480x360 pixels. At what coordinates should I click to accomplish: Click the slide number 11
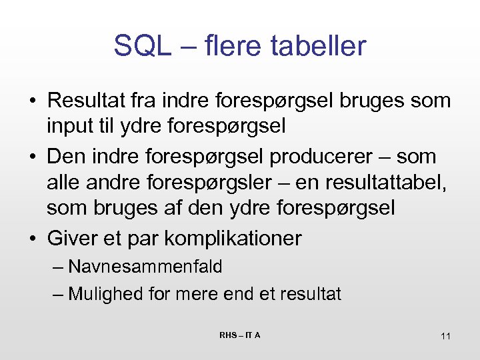click(x=445, y=336)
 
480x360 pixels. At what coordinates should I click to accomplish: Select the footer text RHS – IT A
click(x=239, y=335)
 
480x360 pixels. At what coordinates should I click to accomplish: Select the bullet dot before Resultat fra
click(x=32, y=101)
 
